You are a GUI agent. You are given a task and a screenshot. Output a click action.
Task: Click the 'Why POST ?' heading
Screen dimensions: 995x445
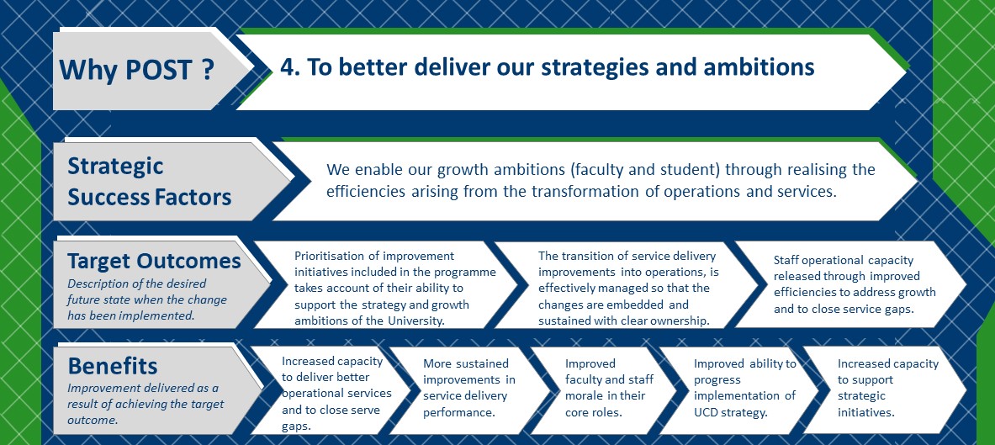click(x=136, y=70)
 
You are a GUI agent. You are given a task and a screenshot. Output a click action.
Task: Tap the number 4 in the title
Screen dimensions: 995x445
click(x=288, y=68)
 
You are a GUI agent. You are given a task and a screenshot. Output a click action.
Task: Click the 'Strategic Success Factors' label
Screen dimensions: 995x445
click(x=149, y=182)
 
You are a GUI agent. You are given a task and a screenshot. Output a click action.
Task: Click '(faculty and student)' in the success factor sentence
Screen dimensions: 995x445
click(x=645, y=170)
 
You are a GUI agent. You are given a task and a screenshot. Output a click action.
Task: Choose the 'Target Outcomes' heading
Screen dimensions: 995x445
click(x=154, y=261)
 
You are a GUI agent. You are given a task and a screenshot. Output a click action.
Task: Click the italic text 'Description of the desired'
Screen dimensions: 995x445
click(x=137, y=283)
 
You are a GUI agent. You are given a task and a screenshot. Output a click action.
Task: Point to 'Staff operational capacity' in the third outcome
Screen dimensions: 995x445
click(x=844, y=260)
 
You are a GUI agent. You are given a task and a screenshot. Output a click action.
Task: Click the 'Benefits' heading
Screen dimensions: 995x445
click(x=113, y=366)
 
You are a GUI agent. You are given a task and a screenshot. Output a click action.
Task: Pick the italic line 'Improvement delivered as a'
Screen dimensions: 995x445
click(x=143, y=389)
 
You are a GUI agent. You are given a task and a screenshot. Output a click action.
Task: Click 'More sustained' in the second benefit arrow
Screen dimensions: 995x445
click(x=466, y=363)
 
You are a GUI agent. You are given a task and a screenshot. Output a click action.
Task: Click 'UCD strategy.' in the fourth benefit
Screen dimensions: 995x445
click(x=731, y=412)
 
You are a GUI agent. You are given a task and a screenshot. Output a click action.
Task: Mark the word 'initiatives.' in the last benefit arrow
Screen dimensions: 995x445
click(x=866, y=411)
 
